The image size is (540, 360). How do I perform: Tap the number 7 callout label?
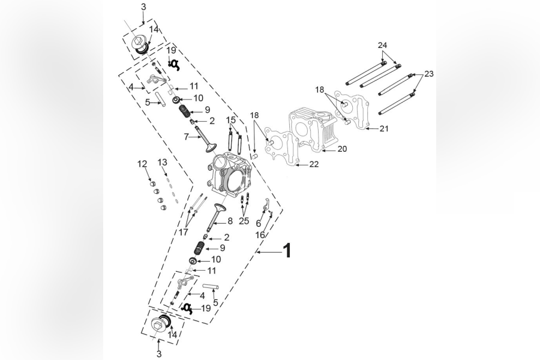(x=187, y=137)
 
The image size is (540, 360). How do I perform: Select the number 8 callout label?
(x=229, y=221)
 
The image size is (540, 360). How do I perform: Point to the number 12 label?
(x=142, y=164)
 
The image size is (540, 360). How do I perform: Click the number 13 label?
(x=163, y=163)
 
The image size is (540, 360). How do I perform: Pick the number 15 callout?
(x=231, y=121)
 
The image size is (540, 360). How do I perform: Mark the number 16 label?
(x=260, y=235)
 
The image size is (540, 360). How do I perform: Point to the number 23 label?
(x=428, y=74)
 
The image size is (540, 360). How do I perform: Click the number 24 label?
(x=383, y=46)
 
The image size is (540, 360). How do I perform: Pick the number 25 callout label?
(x=244, y=221)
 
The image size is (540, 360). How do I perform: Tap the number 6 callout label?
(x=258, y=223)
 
